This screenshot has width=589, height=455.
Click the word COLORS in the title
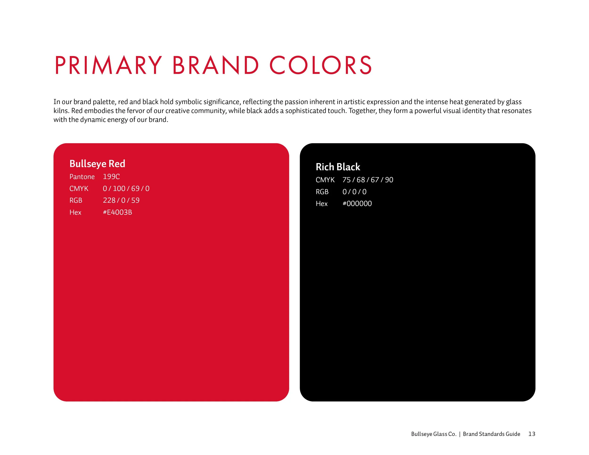(x=321, y=65)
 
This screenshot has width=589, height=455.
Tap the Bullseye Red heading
(x=97, y=164)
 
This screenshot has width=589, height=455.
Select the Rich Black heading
(x=338, y=167)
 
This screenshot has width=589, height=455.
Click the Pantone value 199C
(x=111, y=177)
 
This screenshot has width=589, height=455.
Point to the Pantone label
(x=82, y=177)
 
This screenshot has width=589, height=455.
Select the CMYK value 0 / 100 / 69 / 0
(x=126, y=188)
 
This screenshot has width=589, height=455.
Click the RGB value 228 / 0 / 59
(x=121, y=200)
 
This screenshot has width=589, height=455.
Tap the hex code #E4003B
(x=117, y=212)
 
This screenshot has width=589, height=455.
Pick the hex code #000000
(x=357, y=203)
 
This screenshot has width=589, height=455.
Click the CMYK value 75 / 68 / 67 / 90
(x=368, y=180)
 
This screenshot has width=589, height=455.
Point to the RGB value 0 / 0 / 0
(x=354, y=192)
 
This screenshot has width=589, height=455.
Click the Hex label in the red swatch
(x=75, y=212)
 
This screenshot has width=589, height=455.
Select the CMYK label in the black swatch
(x=325, y=180)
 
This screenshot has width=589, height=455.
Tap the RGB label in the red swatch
(x=76, y=200)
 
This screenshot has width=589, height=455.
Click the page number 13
(x=532, y=434)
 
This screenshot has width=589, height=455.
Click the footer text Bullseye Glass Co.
(x=434, y=434)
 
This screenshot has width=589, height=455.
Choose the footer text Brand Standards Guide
(x=491, y=434)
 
